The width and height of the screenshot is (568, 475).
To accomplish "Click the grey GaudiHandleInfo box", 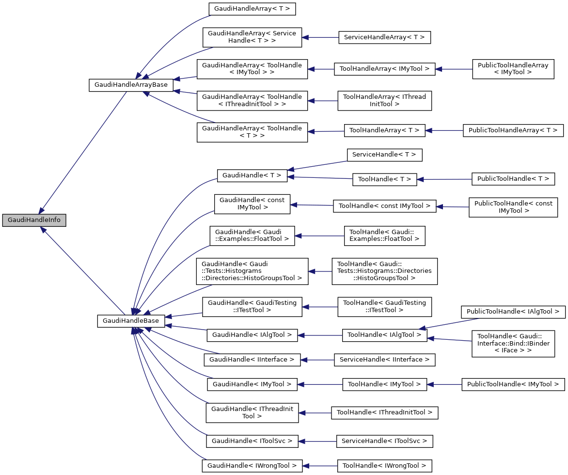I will (x=34, y=220).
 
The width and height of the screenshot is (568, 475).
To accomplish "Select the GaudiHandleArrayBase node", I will (x=131, y=84).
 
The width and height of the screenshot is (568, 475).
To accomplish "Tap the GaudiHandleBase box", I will (x=131, y=321).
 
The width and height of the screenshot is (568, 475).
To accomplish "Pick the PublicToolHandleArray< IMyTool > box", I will (x=513, y=68).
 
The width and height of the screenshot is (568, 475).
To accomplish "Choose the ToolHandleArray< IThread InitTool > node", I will (x=384, y=100).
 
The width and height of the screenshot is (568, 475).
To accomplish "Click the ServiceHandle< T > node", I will (x=384, y=155).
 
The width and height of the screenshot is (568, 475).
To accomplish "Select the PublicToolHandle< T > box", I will (x=513, y=179).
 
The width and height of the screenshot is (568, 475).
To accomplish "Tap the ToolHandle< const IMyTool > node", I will (x=384, y=206).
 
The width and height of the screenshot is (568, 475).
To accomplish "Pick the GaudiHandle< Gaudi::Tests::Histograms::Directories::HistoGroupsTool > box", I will (x=252, y=271).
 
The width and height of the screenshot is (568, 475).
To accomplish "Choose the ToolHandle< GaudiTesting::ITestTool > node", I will (x=384, y=306).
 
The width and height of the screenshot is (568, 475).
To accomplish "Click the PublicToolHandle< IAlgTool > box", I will (x=513, y=312).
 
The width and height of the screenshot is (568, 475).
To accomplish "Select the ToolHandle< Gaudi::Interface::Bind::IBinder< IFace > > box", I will (x=513, y=343).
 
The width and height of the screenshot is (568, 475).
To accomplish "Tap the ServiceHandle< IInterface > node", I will (x=384, y=360).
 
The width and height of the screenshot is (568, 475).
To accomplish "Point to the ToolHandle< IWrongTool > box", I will (x=384, y=466).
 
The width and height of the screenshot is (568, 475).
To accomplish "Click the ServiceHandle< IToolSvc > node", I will (x=384, y=441).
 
